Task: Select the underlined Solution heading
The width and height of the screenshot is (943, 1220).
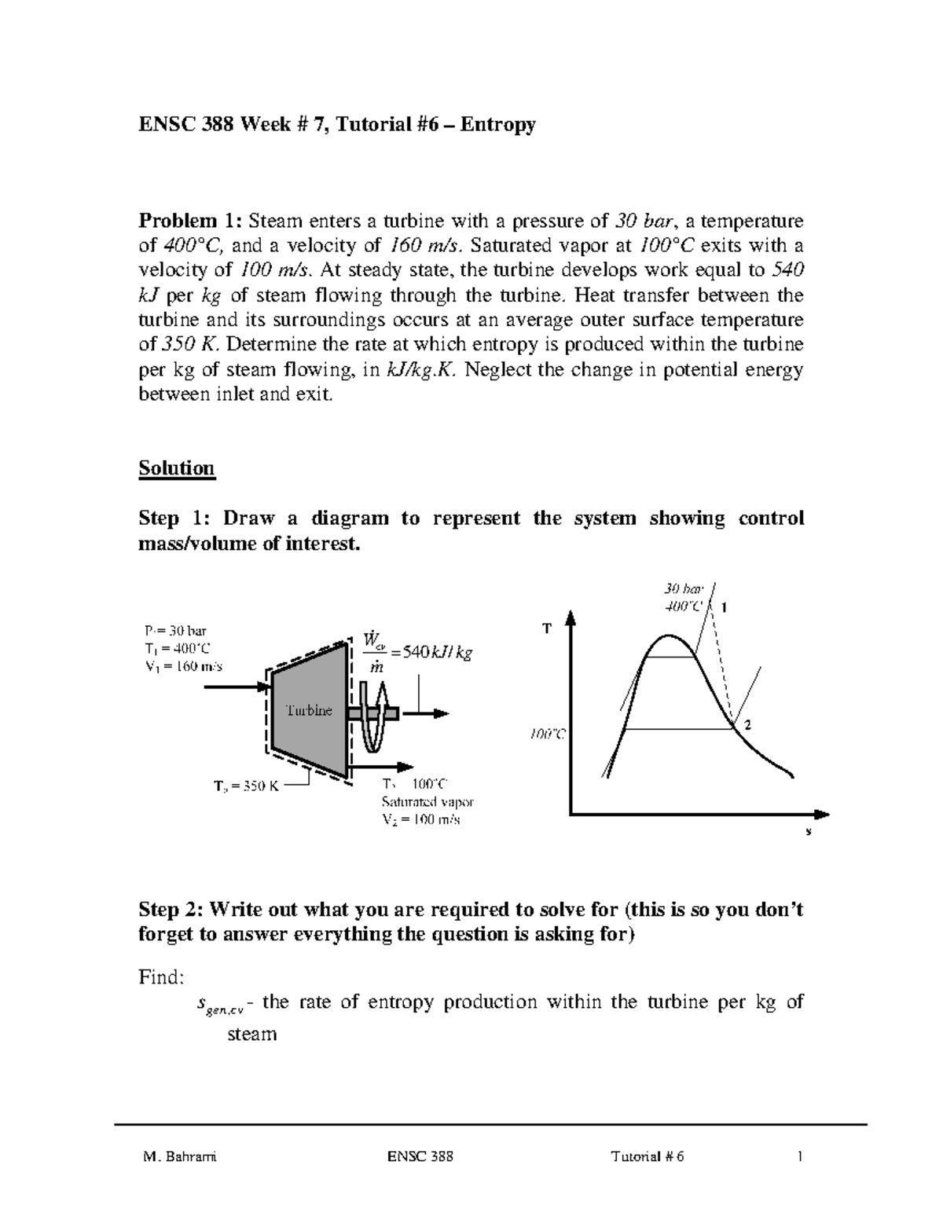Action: tap(177, 468)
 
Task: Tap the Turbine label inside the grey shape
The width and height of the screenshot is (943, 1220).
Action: tap(309, 710)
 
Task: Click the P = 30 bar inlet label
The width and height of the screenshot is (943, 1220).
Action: tap(175, 630)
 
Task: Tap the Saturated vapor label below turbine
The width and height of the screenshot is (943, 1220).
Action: tap(427, 802)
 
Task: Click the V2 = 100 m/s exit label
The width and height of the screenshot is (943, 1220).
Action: tap(421, 819)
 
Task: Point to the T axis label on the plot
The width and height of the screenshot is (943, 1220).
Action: tap(547, 628)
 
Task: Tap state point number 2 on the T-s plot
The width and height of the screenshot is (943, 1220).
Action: tap(747, 726)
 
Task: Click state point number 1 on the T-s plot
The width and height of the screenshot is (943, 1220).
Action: tap(725, 607)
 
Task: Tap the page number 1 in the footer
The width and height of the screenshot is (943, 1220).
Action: tap(799, 1157)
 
